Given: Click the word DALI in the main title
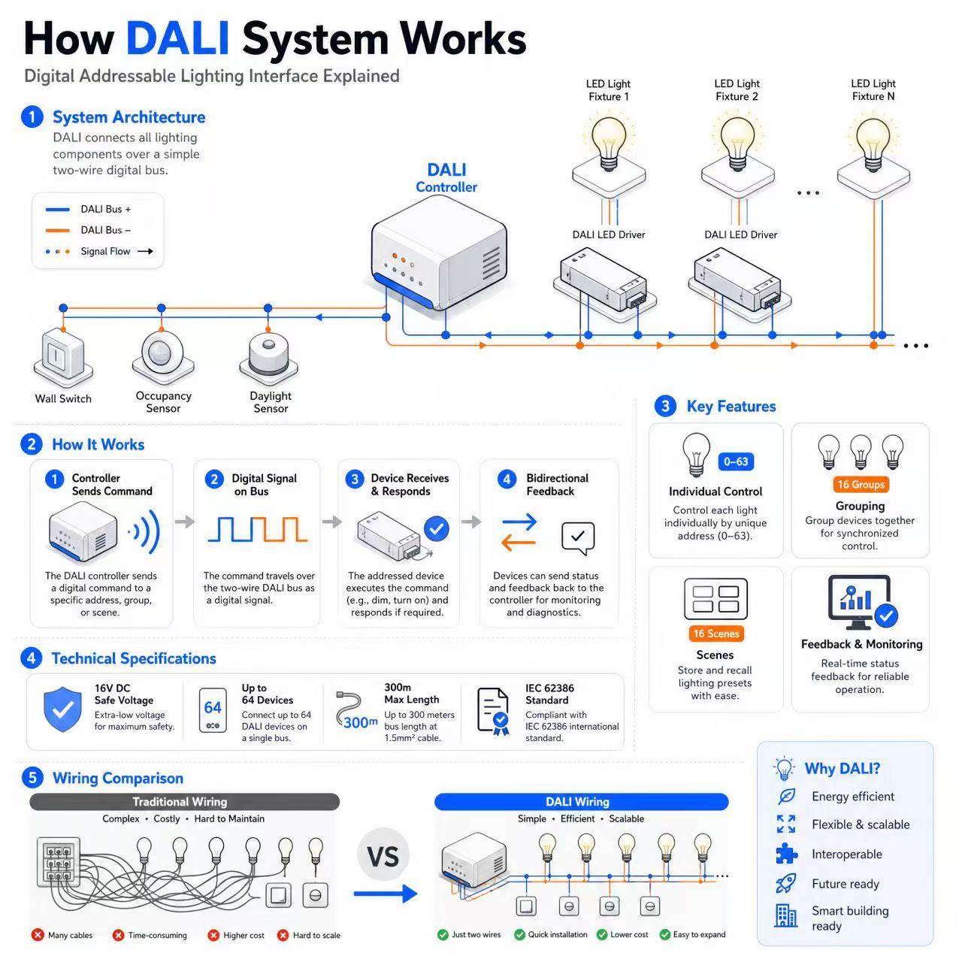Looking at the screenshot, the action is tap(177, 38).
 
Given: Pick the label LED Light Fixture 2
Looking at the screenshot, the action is tap(737, 90).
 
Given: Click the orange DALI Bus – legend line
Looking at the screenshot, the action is tap(57, 230).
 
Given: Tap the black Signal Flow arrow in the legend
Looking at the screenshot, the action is tap(145, 251).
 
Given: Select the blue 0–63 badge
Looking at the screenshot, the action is tap(735, 461).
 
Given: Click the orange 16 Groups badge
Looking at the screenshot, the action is tap(860, 484).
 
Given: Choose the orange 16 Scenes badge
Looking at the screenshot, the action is tap(715, 633).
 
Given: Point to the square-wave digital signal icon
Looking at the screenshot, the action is tap(257, 529).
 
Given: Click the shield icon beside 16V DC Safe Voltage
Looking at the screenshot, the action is tap(62, 709).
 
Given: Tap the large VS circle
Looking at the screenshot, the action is tap(383, 856).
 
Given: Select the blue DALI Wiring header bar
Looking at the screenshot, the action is tap(581, 801).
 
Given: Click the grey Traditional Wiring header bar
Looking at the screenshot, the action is tap(184, 801).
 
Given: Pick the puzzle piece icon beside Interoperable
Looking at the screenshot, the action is tap(786, 854).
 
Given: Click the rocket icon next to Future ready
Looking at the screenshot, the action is tap(786, 883).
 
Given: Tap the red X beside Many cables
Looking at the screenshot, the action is tap(38, 934).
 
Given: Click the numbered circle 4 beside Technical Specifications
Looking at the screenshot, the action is tap(31, 658).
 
